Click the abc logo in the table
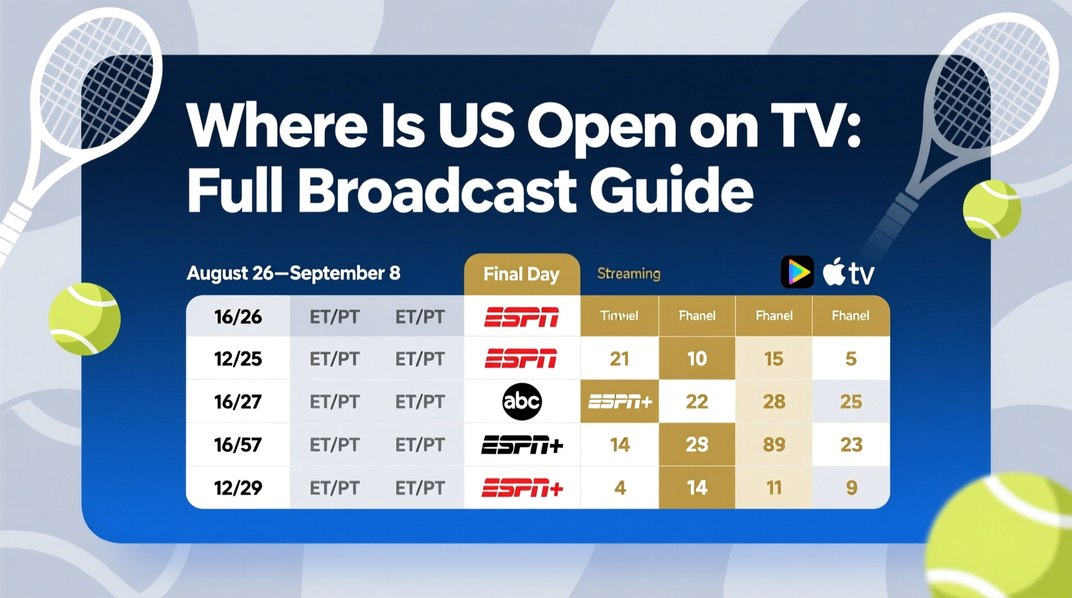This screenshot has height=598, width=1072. tap(522, 401)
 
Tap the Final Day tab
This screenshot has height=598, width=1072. tap(521, 275)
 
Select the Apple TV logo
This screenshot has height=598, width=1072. tap(848, 272)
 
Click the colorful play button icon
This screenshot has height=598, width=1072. tap(797, 272)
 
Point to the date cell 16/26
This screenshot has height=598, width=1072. tap(238, 316)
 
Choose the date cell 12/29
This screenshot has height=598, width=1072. tap(238, 488)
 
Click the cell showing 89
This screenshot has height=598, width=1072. tap(774, 445)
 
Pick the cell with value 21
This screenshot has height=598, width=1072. tap(619, 359)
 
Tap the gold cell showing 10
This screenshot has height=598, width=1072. tap(697, 359)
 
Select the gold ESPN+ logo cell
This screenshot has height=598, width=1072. tap(620, 401)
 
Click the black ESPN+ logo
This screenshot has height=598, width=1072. tap(522, 445)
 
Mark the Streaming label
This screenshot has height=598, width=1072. tap(628, 273)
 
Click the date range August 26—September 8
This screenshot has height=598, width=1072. tap(293, 273)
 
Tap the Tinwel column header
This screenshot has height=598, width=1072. tap(619, 316)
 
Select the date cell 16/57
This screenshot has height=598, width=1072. tap(238, 445)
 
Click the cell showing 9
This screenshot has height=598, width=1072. tap(851, 488)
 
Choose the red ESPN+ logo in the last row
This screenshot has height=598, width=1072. tap(522, 488)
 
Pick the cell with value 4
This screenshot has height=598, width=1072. tap(620, 488)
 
